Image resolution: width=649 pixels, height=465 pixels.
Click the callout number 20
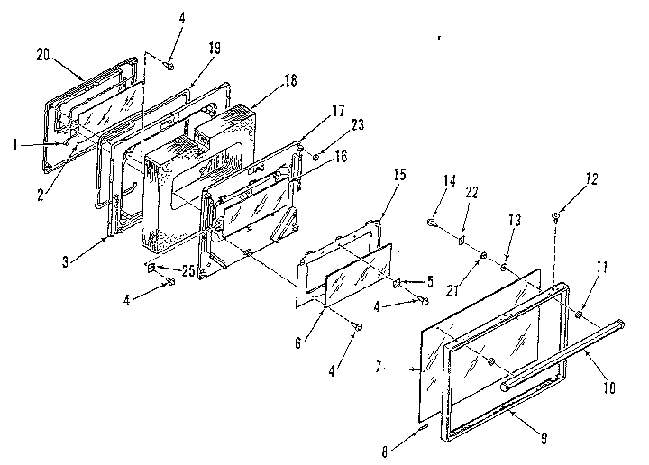pos(41,54)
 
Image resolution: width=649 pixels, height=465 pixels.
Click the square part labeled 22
pos(461,241)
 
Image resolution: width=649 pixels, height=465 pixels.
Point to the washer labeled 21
pos(483,257)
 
